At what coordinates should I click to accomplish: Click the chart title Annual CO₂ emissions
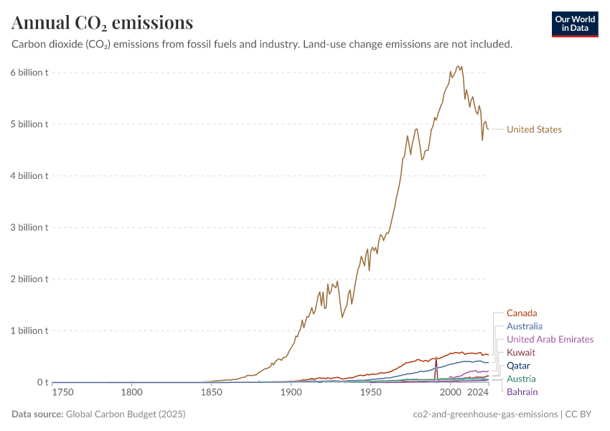pos(102,23)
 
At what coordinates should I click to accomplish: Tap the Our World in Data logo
pos(574,24)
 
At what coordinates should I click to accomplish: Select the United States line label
pos(534,130)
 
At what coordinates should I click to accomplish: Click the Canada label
pos(522,313)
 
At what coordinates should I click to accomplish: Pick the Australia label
pos(524,326)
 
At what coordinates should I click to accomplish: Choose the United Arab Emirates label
pos(550,339)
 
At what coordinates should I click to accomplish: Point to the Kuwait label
pos(521,353)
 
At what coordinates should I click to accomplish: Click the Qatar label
pos(518,366)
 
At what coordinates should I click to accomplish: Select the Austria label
pos(520,379)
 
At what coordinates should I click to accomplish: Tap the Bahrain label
pos(522,391)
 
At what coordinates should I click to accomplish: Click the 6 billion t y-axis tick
pos(29,73)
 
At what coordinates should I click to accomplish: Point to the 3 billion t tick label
pos(29,228)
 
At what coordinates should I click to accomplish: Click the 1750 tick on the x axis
pos(62,393)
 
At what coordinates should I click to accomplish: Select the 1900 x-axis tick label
pos(291,393)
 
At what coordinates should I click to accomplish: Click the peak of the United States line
pos(459,66)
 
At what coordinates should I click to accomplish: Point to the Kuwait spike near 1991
pos(436,358)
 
